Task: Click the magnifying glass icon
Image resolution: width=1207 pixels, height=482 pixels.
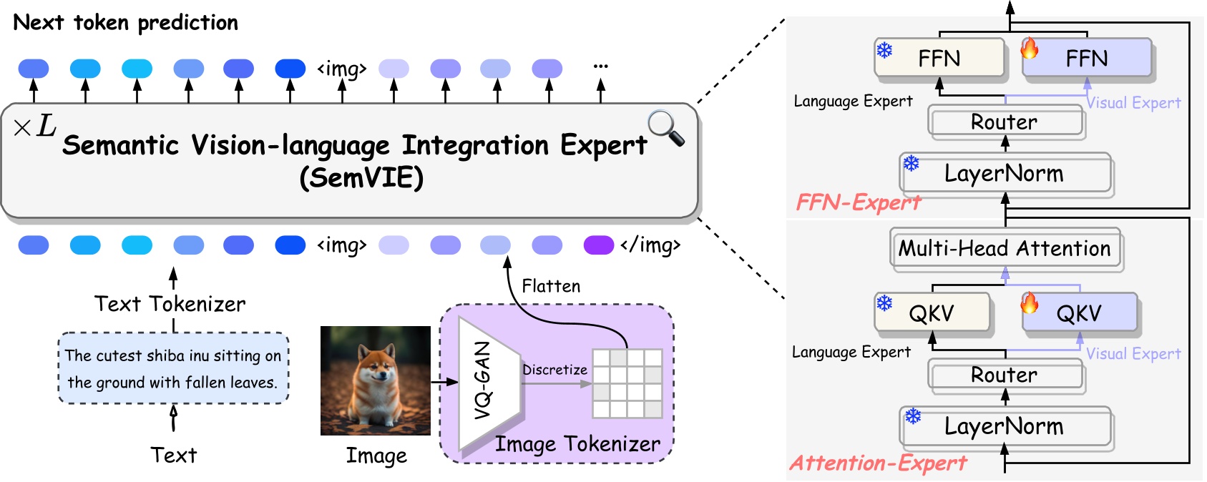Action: [x=665, y=127]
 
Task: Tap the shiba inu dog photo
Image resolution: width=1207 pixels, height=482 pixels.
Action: [x=375, y=380]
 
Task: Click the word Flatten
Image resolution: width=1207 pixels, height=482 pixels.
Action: [x=551, y=286]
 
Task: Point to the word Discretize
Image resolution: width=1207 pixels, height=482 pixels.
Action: [x=554, y=370]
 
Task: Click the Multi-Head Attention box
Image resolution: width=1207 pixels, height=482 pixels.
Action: [x=1005, y=249]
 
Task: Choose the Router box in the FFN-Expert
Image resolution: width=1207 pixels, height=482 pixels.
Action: [x=1005, y=122]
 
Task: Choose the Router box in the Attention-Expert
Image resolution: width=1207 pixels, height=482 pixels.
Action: [x=1005, y=375]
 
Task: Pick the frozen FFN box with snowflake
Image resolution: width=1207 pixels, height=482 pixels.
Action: [x=939, y=58]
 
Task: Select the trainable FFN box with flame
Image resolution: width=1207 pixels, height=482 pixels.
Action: [x=1087, y=58]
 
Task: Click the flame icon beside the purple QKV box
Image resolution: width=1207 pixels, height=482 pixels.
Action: [x=1030, y=303]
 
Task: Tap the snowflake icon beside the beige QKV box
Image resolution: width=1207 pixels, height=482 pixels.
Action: [x=885, y=303]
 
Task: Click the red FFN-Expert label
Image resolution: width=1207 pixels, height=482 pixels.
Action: [x=859, y=203]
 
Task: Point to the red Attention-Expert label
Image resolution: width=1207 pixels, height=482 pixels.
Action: [x=878, y=463]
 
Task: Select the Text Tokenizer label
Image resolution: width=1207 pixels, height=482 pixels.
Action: [x=170, y=304]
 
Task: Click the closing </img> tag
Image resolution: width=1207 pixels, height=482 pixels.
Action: [x=650, y=245]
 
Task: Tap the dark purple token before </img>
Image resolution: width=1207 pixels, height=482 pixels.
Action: [x=599, y=245]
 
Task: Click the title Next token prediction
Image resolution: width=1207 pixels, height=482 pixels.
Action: [x=126, y=23]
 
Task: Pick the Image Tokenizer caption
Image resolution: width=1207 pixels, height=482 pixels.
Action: [x=577, y=444]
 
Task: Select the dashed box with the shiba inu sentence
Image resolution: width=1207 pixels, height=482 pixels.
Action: [x=173, y=368]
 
